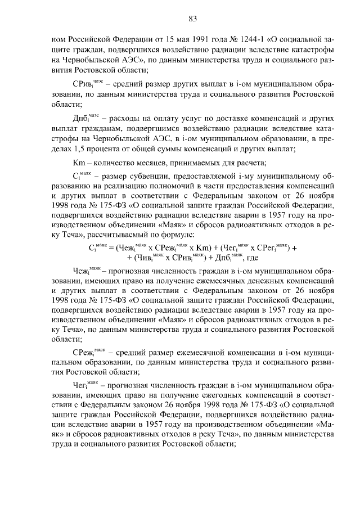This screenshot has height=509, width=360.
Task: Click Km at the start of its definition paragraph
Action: click(x=71, y=163)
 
